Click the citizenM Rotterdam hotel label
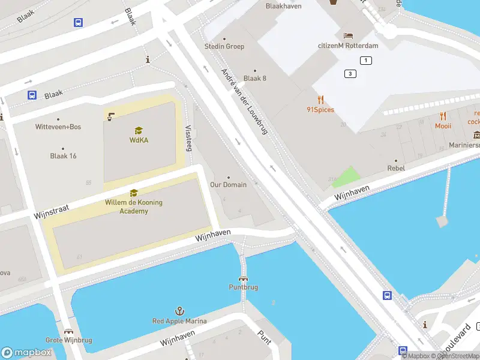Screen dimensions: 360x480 pos(348,46)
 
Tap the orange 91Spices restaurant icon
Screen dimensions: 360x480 pos(321,100)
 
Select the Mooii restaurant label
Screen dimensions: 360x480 pos(443,126)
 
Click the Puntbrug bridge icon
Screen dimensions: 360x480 pos(244,278)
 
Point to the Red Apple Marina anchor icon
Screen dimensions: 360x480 pos(179,311)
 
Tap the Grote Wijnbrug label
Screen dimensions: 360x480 pos(69,340)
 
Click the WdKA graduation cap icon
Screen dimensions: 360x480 pos(139,130)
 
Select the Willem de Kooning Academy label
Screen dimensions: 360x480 pos(134,206)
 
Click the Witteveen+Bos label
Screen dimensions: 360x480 pos(58,127)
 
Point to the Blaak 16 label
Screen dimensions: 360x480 pos(64,156)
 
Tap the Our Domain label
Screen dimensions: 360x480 pos(228,185)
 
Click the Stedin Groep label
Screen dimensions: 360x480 pos(224,46)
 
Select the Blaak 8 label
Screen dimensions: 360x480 pos(255,78)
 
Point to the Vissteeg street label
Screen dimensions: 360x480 pos(189,137)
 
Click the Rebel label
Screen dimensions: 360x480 pos(396,168)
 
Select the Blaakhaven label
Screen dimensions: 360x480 pos(283,6)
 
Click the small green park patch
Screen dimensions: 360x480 pos(346,177)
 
